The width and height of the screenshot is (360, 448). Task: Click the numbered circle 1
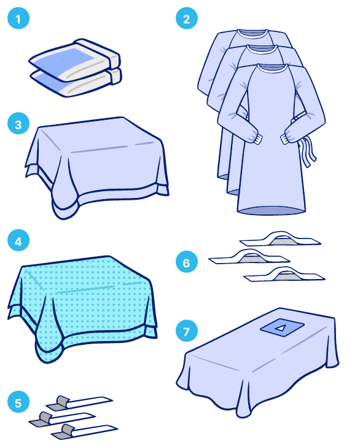coord(18,18)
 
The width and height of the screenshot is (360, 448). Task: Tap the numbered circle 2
coord(187,18)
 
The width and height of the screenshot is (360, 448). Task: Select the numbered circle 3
coord(18,124)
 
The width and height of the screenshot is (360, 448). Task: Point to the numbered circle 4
coord(18,240)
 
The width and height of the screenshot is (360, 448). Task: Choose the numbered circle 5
coord(18,403)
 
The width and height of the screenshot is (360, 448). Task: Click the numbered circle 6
coord(187,262)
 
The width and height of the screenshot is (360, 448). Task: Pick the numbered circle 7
coord(187,331)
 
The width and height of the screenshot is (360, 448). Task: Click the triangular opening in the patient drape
coord(281,328)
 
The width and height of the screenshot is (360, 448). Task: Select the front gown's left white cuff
coord(257,139)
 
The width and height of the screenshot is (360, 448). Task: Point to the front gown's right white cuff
coord(284,139)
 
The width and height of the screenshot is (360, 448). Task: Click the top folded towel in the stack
coord(75,60)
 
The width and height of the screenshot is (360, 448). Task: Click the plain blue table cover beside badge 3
coord(97,166)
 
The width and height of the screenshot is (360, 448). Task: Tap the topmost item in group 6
coord(280,239)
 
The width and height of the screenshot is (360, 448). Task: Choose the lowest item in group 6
coord(284,275)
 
